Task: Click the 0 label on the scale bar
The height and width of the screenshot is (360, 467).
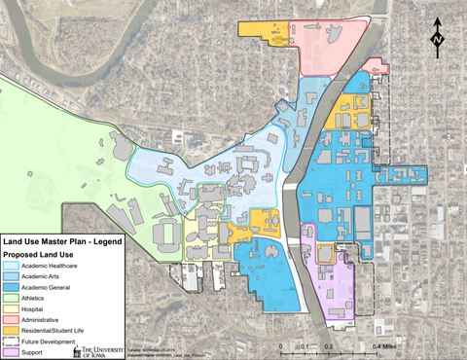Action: (280, 346)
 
